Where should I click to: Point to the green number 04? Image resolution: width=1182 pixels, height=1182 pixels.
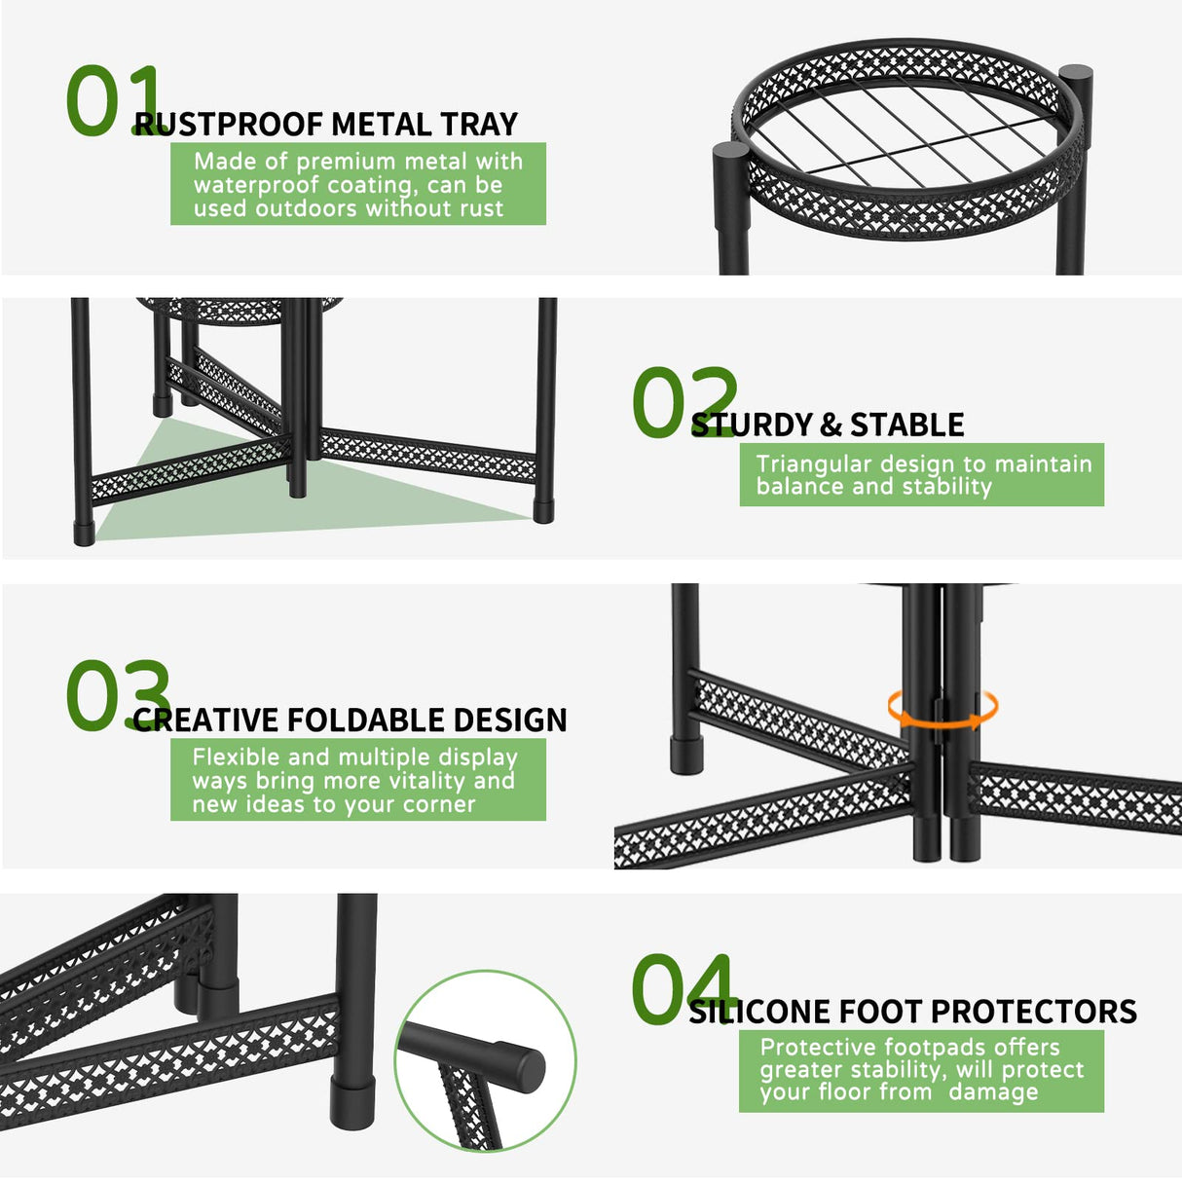click(x=682, y=989)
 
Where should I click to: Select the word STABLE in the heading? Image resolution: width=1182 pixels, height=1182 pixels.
click(x=906, y=425)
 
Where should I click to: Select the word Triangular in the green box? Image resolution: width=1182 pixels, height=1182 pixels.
click(x=813, y=464)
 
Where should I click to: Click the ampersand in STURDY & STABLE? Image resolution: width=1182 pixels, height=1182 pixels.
click(x=831, y=425)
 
